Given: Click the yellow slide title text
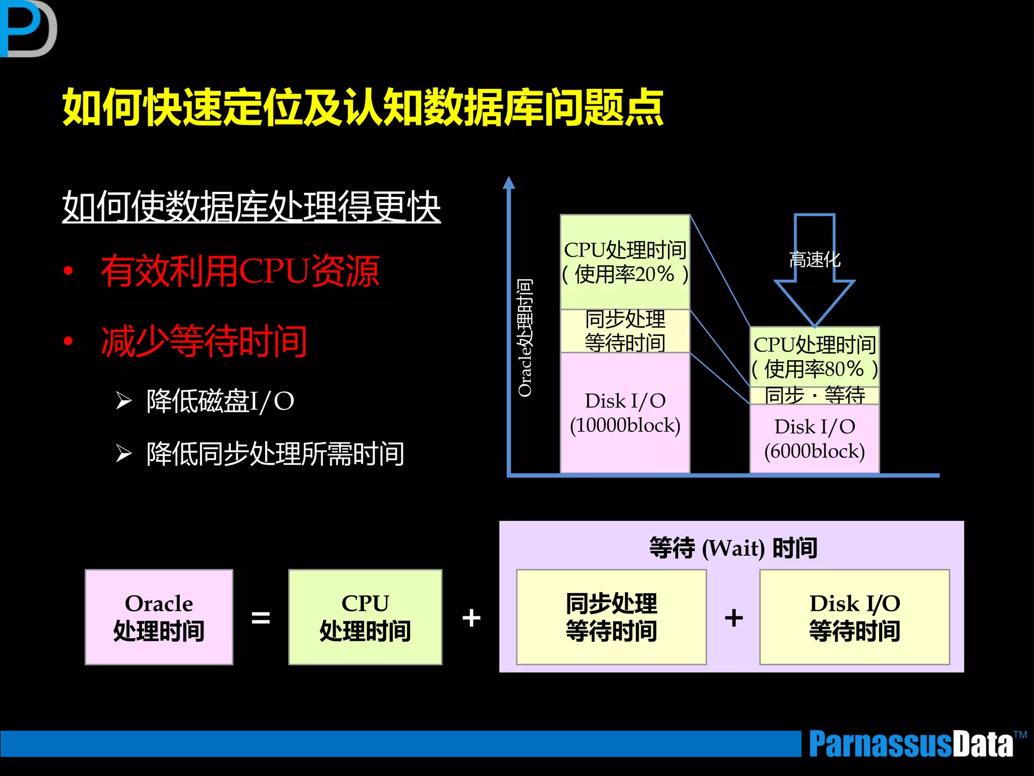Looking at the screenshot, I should [363, 108].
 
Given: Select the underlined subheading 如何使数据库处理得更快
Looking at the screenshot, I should [251, 207].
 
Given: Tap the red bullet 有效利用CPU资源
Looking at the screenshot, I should [240, 271].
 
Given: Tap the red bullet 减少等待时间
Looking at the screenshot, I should [204, 341].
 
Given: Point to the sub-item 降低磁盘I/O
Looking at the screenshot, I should [220, 401].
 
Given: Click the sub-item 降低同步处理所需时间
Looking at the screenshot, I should [275, 454].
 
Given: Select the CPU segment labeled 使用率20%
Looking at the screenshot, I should [625, 262].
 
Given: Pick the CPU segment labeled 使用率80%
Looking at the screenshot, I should [814, 357].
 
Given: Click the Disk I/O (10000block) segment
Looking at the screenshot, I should [625, 413].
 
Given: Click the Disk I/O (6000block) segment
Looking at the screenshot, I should [814, 439].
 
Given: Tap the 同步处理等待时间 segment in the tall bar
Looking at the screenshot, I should [625, 331].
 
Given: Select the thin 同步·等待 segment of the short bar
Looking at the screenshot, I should [814, 395].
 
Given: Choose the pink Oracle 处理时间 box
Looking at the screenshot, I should [159, 617].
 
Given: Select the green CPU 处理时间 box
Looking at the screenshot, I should [365, 617].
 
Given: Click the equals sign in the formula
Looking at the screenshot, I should [261, 617].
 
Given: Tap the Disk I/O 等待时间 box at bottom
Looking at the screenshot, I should [854, 617].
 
